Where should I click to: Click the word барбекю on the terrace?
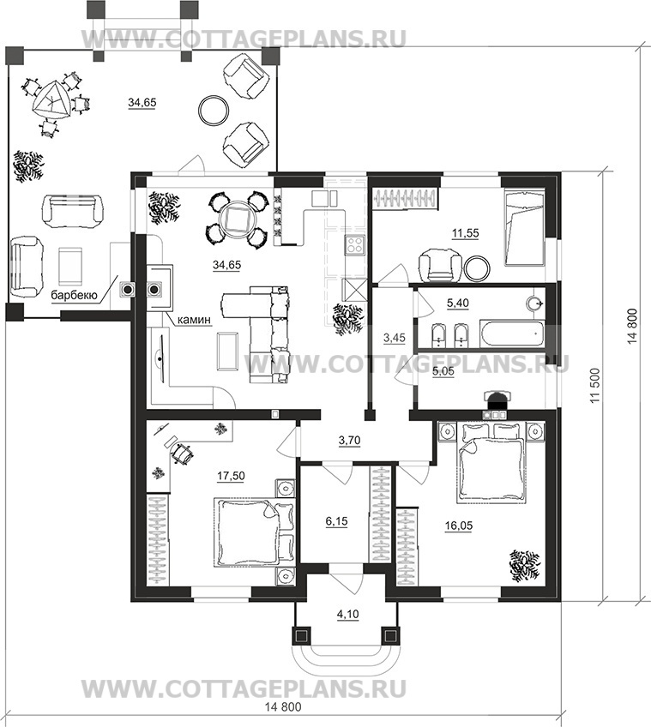tap(73, 295)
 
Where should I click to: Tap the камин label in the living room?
tap(195, 319)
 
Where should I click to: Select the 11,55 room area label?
tap(466, 233)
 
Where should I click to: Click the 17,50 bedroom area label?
tap(231, 476)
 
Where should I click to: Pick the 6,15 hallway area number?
tap(336, 521)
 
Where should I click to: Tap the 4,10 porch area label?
tap(347, 615)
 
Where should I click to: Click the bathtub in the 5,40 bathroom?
tap(511, 333)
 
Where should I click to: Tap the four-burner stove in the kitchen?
tap(355, 244)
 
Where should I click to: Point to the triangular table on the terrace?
tap(51, 101)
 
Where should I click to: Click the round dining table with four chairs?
tap(238, 217)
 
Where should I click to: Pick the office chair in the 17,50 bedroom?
tap(182, 452)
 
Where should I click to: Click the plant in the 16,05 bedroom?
tap(524, 565)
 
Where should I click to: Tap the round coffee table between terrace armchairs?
tap(214, 110)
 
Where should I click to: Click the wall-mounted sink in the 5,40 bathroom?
tap(536, 303)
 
